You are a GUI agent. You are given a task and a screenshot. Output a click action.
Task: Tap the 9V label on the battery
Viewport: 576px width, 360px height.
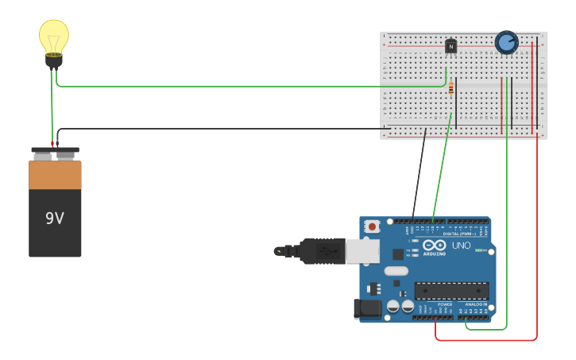(55, 218)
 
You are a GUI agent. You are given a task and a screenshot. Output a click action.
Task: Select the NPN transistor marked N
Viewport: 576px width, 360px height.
(451, 47)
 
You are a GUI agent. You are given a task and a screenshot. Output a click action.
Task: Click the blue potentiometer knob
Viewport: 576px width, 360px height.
(506, 42)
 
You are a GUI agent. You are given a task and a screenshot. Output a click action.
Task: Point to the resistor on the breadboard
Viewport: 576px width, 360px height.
(451, 89)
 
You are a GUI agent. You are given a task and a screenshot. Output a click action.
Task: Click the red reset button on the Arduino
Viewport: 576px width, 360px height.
(372, 226)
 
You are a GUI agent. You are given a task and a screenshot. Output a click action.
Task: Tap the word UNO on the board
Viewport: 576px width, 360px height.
(461, 246)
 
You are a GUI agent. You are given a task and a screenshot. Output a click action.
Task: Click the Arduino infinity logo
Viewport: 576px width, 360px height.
(434, 246)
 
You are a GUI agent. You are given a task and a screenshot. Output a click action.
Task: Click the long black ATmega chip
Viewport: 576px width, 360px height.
(451, 291)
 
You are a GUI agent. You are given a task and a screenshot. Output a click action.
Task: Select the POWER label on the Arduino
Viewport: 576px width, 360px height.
(445, 304)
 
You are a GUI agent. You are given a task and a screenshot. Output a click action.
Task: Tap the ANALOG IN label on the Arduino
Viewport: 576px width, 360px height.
(476, 304)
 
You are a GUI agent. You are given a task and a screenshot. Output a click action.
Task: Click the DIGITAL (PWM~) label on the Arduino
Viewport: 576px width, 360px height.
(459, 234)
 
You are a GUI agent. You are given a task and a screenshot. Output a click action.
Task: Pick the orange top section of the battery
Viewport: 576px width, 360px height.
(55, 175)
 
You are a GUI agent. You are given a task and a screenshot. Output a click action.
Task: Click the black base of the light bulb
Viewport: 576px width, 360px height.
(53, 60)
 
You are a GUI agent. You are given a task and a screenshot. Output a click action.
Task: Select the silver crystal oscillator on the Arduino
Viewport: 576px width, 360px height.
(396, 271)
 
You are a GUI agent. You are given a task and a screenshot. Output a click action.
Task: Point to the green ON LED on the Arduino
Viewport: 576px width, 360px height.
(479, 250)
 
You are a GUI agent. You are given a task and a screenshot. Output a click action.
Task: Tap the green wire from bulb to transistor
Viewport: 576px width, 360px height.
(238, 86)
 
